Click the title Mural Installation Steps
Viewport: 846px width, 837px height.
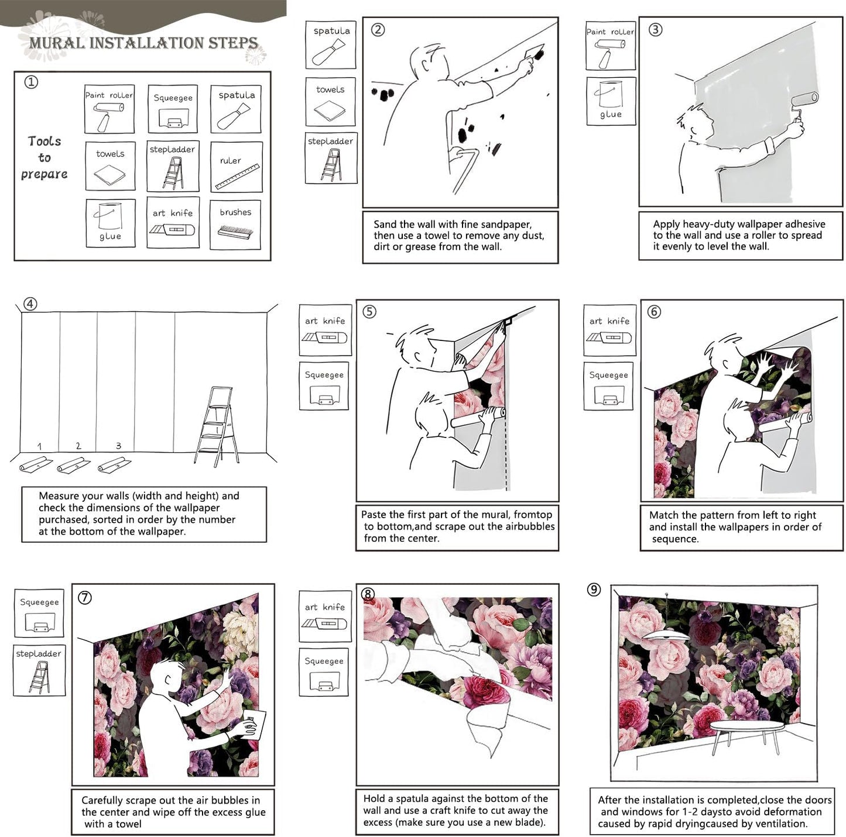coord(143,43)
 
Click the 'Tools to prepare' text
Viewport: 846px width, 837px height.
coord(44,157)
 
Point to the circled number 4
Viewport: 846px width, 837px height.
coord(30,304)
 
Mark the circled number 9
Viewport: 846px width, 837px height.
coord(594,590)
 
